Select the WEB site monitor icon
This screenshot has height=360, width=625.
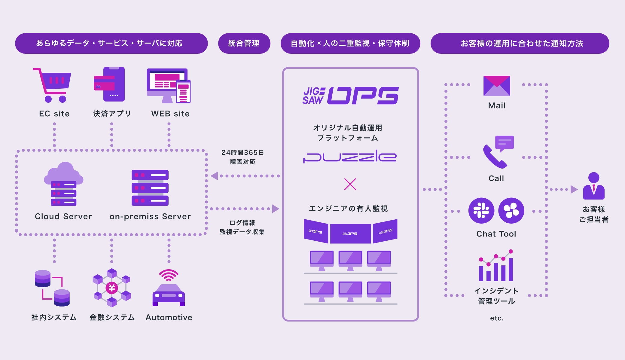168,86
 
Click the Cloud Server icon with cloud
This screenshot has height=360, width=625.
63,184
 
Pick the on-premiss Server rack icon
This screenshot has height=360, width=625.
150,188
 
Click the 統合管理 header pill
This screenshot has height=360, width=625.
244,43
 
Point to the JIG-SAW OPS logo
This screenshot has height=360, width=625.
350,96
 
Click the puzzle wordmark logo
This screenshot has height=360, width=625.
350,156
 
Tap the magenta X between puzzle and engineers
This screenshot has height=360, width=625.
350,184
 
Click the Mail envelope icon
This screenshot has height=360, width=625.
497,86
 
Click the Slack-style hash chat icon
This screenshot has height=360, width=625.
481,210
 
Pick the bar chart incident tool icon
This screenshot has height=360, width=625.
496,266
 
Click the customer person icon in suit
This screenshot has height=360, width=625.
593,186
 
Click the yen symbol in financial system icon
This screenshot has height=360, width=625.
112,288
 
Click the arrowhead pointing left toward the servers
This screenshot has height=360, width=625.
214,176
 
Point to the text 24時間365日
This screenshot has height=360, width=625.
242,153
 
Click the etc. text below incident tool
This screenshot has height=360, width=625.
496,318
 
